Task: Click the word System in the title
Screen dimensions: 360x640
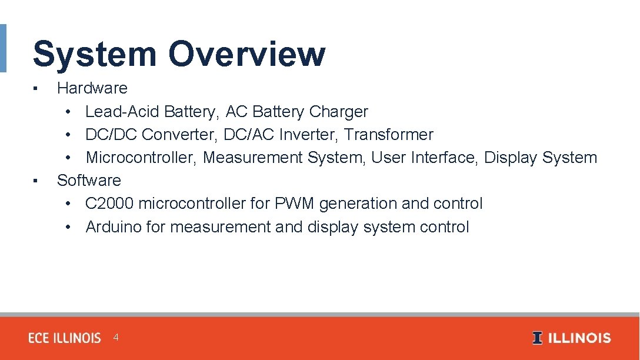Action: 94,54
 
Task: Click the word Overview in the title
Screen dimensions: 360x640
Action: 246,54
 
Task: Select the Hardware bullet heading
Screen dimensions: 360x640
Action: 92,88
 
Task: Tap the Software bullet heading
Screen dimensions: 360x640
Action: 89,181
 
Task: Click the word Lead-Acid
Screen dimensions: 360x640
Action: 122,112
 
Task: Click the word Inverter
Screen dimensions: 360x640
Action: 309,135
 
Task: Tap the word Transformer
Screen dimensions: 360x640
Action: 389,135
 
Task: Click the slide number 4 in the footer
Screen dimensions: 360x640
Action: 116,338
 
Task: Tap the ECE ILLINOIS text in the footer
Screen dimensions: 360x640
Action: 65,338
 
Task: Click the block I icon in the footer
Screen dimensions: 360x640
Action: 537,338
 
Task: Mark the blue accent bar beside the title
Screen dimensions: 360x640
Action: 3,48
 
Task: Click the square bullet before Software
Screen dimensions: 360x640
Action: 36,181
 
